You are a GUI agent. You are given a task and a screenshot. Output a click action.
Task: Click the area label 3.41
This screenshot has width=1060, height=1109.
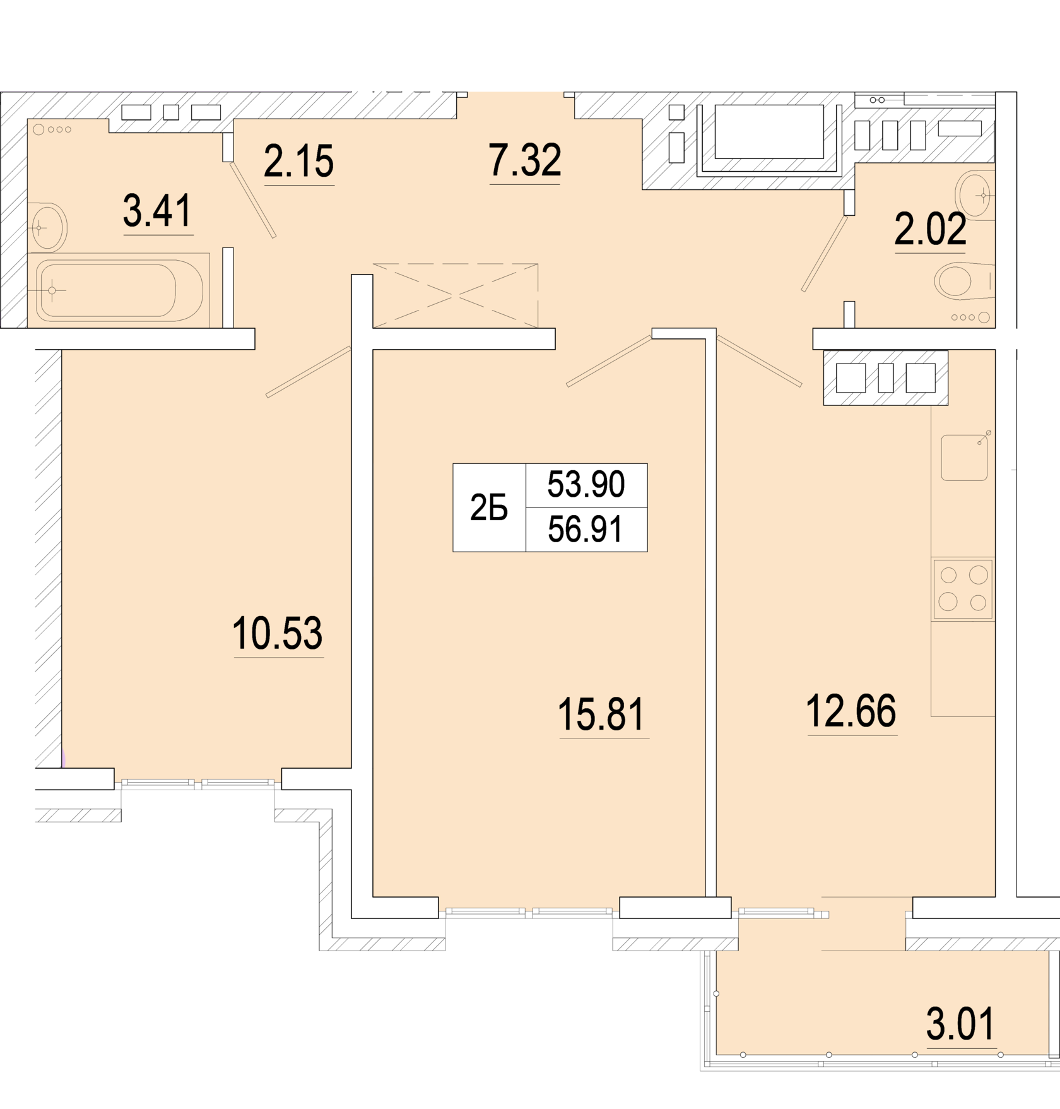click(x=158, y=211)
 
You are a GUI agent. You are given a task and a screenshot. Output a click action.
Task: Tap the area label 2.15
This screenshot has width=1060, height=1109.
click(x=298, y=161)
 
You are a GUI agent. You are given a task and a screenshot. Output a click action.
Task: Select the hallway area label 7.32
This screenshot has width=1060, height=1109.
click(x=525, y=160)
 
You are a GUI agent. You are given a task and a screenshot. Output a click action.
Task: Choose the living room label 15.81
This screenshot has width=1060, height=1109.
click(x=602, y=714)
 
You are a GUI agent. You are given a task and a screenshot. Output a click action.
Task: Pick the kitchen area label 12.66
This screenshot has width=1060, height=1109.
click(x=851, y=711)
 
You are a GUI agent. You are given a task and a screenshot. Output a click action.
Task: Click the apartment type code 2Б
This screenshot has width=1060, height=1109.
click(x=489, y=507)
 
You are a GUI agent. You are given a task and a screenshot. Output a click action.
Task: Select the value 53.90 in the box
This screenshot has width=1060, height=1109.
click(x=586, y=485)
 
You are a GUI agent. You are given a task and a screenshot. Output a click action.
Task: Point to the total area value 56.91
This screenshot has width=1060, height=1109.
click(x=586, y=529)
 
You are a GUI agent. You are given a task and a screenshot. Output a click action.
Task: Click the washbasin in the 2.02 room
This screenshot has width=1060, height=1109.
click(x=975, y=195)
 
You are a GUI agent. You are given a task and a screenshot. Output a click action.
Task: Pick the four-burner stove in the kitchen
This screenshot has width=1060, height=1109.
click(x=963, y=589)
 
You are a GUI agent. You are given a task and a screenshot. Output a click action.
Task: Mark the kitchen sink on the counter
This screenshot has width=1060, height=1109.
click(x=964, y=457)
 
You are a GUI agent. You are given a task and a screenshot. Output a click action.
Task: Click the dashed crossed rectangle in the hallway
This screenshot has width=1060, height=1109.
click(x=456, y=295)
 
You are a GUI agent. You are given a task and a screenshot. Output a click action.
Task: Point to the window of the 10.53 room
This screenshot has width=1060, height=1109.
click(x=198, y=783)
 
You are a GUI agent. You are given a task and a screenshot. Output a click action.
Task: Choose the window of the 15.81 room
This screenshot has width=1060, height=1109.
click(x=529, y=911)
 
